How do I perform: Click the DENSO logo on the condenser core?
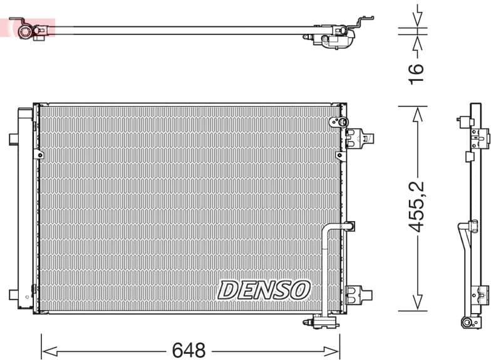(x=264, y=289)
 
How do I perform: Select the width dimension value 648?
(x=189, y=349)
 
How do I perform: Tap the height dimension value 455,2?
(x=417, y=206)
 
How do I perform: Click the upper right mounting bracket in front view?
(x=359, y=138)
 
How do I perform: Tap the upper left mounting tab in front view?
(x=13, y=138)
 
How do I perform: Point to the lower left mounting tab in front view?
(x=13, y=294)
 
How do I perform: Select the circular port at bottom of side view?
(x=467, y=322)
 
